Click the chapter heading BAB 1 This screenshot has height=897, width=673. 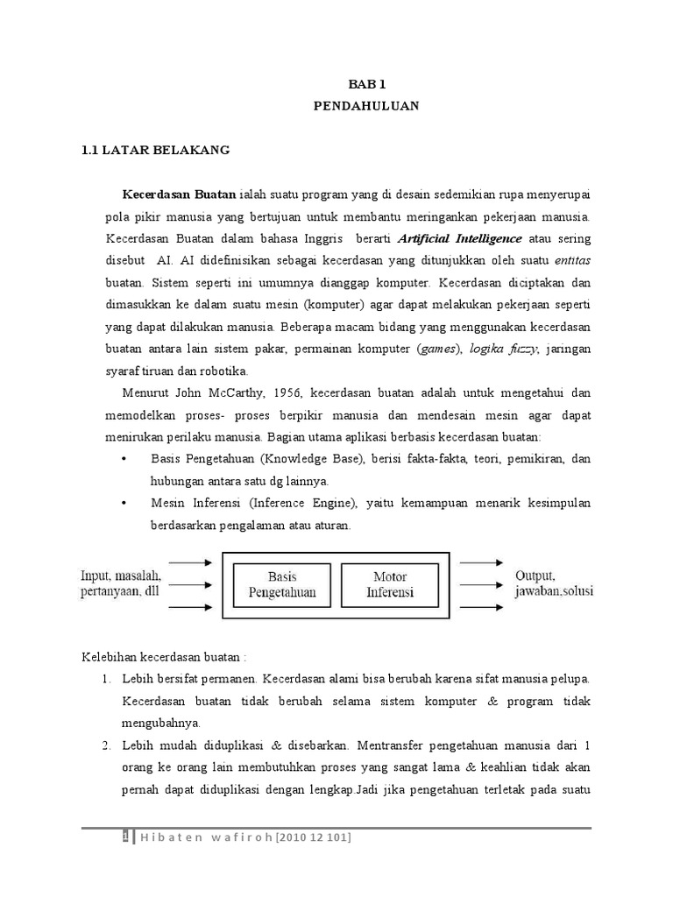coord(367,84)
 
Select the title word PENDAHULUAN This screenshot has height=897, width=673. coord(367,106)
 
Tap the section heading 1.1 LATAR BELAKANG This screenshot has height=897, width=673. coord(155,150)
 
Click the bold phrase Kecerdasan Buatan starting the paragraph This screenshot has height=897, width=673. coord(174,193)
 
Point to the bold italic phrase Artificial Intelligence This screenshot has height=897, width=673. coord(460,238)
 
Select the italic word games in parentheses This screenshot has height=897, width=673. coord(438,349)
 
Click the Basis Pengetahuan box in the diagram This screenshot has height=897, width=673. coord(282,584)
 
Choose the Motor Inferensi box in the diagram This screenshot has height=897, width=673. coord(390,584)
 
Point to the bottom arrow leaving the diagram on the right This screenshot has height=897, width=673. coord(480,606)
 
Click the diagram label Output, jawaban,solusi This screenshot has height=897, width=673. coord(553,583)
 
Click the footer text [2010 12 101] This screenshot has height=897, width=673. coord(314,838)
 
